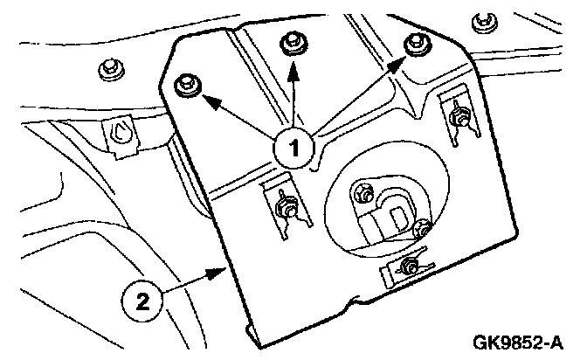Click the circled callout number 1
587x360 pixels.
point(295,148)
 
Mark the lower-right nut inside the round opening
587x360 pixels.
point(423,230)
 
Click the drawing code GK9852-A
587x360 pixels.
point(521,342)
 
